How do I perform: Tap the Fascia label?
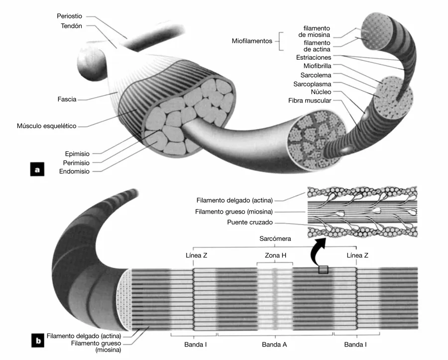[x=67, y=100]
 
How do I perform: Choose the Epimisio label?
[x=77, y=153]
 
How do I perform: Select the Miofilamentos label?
[x=252, y=41]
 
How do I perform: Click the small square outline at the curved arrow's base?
[x=324, y=270]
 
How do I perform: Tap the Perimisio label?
[x=77, y=162]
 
